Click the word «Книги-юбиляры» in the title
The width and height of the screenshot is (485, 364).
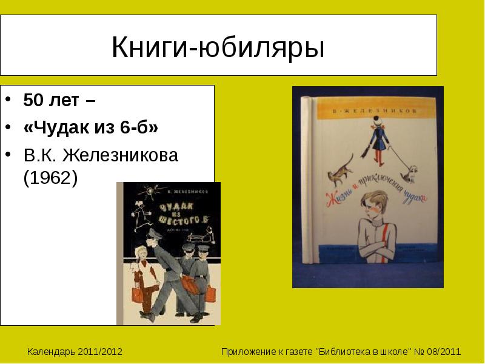tap(218, 47)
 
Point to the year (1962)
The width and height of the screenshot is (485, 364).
tap(50, 180)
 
